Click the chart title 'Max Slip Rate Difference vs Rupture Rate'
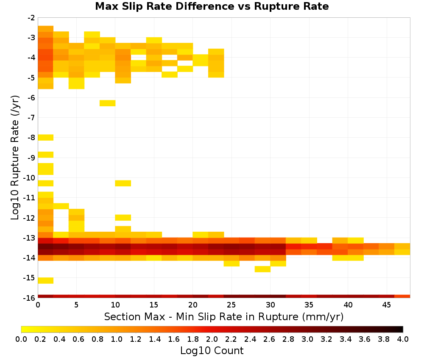(x=212, y=6)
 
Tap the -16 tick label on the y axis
(x=29, y=298)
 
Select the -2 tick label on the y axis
(x=31, y=18)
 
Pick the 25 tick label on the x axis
(x=231, y=305)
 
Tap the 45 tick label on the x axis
(x=386, y=305)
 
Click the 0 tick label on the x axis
(x=38, y=305)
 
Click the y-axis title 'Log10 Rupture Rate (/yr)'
(x=15, y=158)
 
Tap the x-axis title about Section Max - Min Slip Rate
(x=224, y=317)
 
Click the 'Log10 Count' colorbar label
(x=212, y=351)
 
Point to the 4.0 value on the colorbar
(x=403, y=339)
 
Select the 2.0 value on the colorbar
(x=212, y=339)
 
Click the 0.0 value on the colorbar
(x=21, y=339)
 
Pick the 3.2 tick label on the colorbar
(x=326, y=339)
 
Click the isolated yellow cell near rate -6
(x=108, y=103)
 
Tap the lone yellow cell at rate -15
(x=46, y=281)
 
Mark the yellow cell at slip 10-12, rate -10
(x=123, y=183)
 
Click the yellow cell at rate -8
(x=46, y=138)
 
